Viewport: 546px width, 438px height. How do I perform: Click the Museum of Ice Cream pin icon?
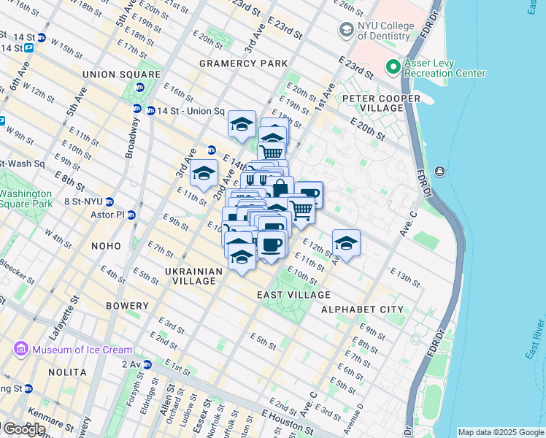(22, 350)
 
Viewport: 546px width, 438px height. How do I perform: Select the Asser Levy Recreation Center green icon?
(394, 68)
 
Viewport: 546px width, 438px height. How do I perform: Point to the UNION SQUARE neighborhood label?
(121, 74)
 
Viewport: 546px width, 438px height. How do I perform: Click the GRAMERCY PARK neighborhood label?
(244, 64)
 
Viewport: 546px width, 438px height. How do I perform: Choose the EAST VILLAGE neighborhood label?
(293, 295)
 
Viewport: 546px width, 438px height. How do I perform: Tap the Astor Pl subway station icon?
(131, 215)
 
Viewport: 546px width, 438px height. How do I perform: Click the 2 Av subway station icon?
(147, 364)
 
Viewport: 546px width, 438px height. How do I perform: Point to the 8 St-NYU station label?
(84, 201)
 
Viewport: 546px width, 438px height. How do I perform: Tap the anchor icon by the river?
(439, 171)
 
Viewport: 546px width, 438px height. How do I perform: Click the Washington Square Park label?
(26, 199)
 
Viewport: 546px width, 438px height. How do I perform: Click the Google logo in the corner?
(24, 429)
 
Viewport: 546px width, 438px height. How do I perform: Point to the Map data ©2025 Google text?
(500, 432)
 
